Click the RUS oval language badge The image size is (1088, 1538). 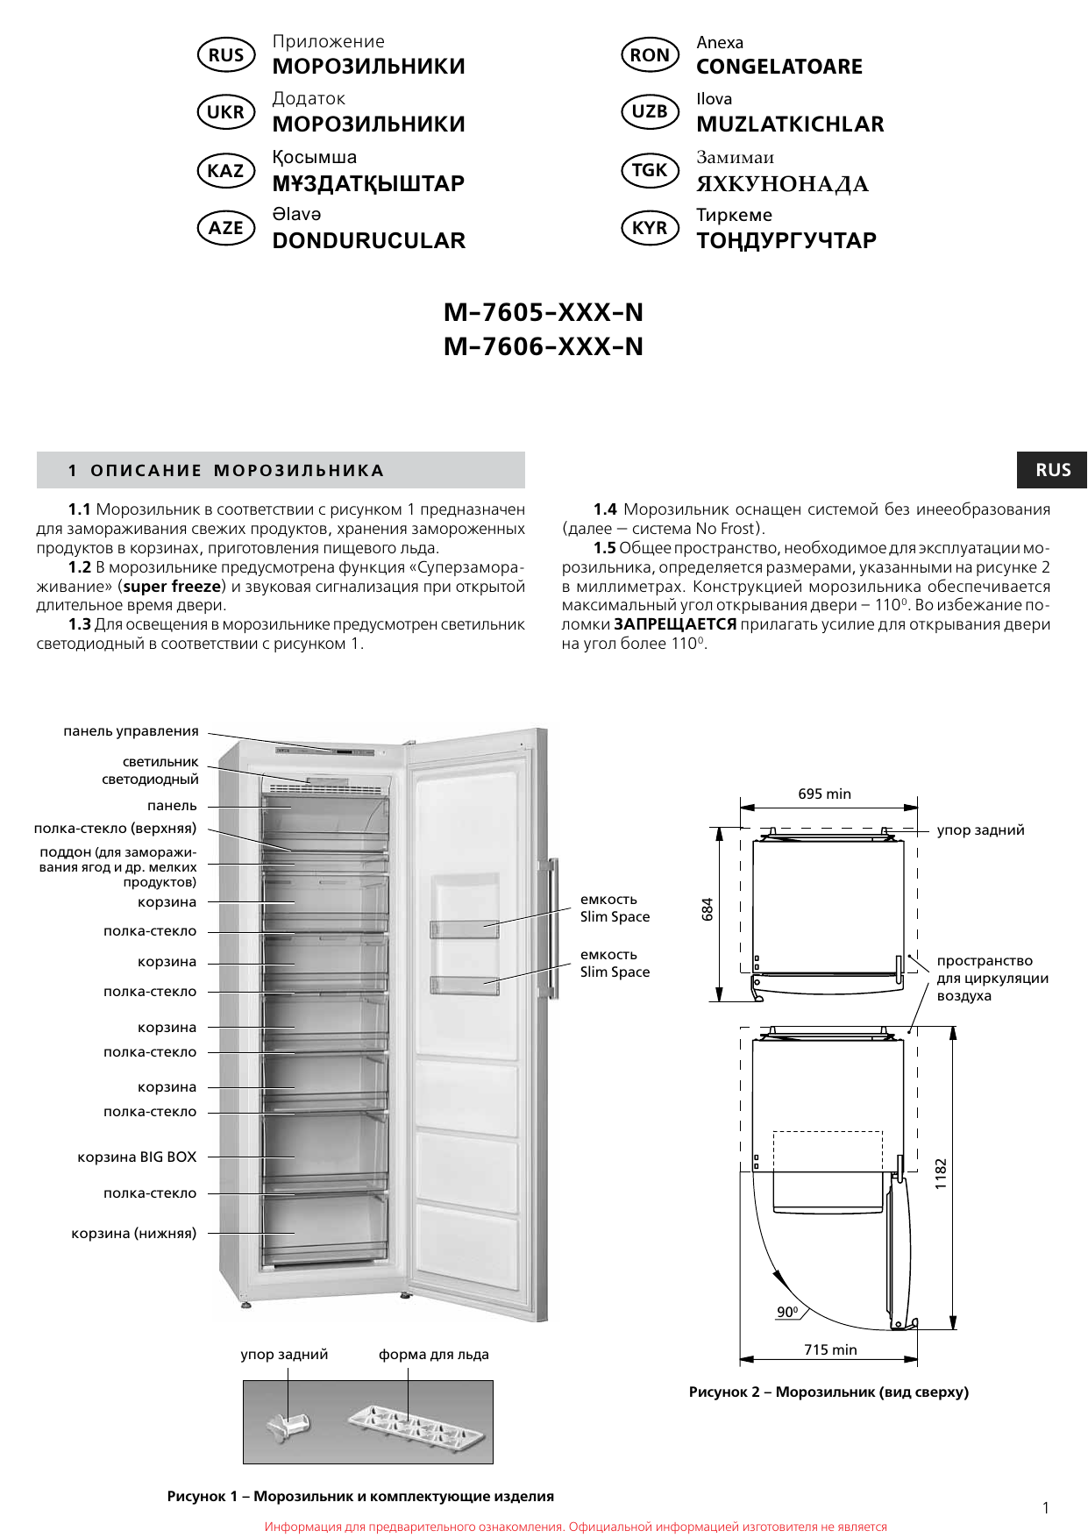pos(226,55)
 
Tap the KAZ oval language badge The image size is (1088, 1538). pos(226,171)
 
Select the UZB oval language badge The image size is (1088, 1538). pos(650,112)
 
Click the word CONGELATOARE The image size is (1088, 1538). pos(779,67)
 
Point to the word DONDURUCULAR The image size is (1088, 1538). pos(369,241)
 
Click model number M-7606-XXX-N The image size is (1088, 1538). pos(544,346)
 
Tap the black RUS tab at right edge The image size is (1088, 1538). pos(1052,470)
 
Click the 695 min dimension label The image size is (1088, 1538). pos(824,794)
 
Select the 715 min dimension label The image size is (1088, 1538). pos(830,1349)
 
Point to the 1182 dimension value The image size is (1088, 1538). pos(941,1173)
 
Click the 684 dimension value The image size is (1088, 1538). pos(708,909)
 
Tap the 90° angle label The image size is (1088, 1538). pos(787,1312)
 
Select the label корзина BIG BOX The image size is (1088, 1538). pos(137,1157)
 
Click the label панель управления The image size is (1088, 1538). pos(131,731)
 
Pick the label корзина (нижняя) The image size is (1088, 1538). pos(134,1233)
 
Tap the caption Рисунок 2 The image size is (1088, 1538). pos(828,1392)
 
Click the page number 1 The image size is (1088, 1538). pos(1045,1508)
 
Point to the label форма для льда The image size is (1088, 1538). pos(434,1355)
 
